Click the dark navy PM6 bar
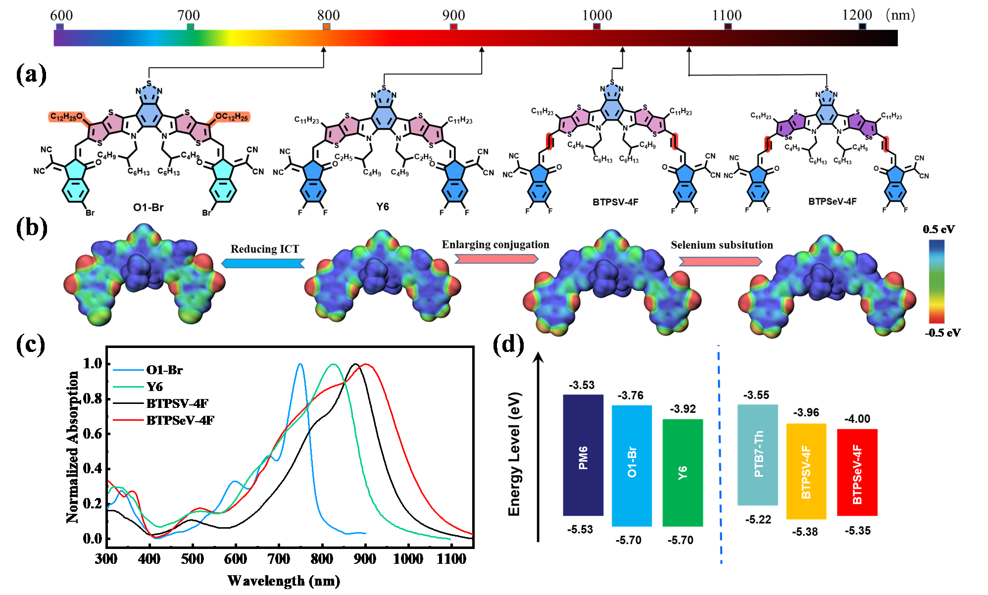pos(583,455)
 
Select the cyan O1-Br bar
pos(632,465)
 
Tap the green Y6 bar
pos(683,472)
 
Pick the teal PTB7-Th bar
pos(757,455)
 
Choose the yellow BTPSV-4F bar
pos(806,471)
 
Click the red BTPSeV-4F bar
pos(857,472)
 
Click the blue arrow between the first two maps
pos(262,263)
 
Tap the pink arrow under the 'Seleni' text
pos(720,261)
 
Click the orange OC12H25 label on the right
pos(232,117)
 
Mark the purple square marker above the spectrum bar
pos(60,27)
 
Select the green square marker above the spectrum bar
pos(191,27)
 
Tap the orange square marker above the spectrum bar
pos(326,26)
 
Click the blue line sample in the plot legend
pos(128,370)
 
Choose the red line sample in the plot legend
pos(128,420)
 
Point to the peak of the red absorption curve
pos(366,364)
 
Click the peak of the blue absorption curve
pos(300,364)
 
